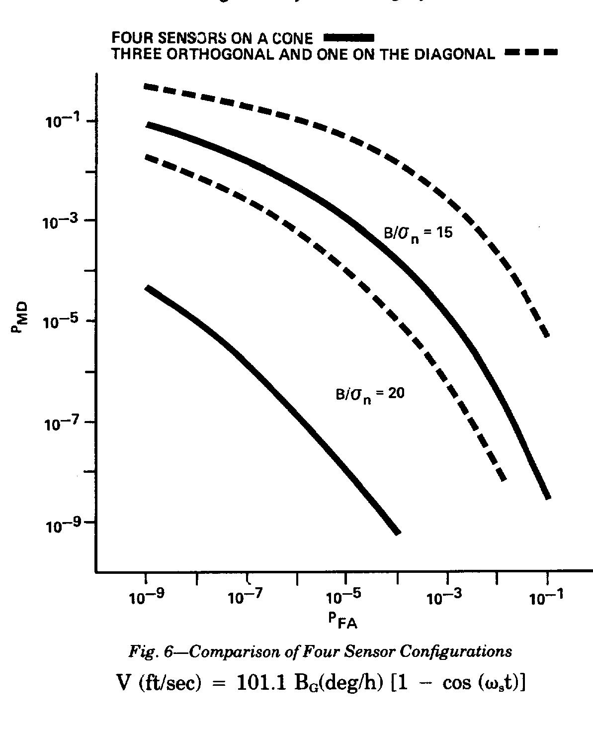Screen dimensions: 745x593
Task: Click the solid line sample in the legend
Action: click(348, 38)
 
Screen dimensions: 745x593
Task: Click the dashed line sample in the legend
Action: click(530, 52)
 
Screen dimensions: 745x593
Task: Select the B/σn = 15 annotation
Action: click(418, 233)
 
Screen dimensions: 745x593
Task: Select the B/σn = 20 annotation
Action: click(370, 394)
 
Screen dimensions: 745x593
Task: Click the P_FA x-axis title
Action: click(342, 621)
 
